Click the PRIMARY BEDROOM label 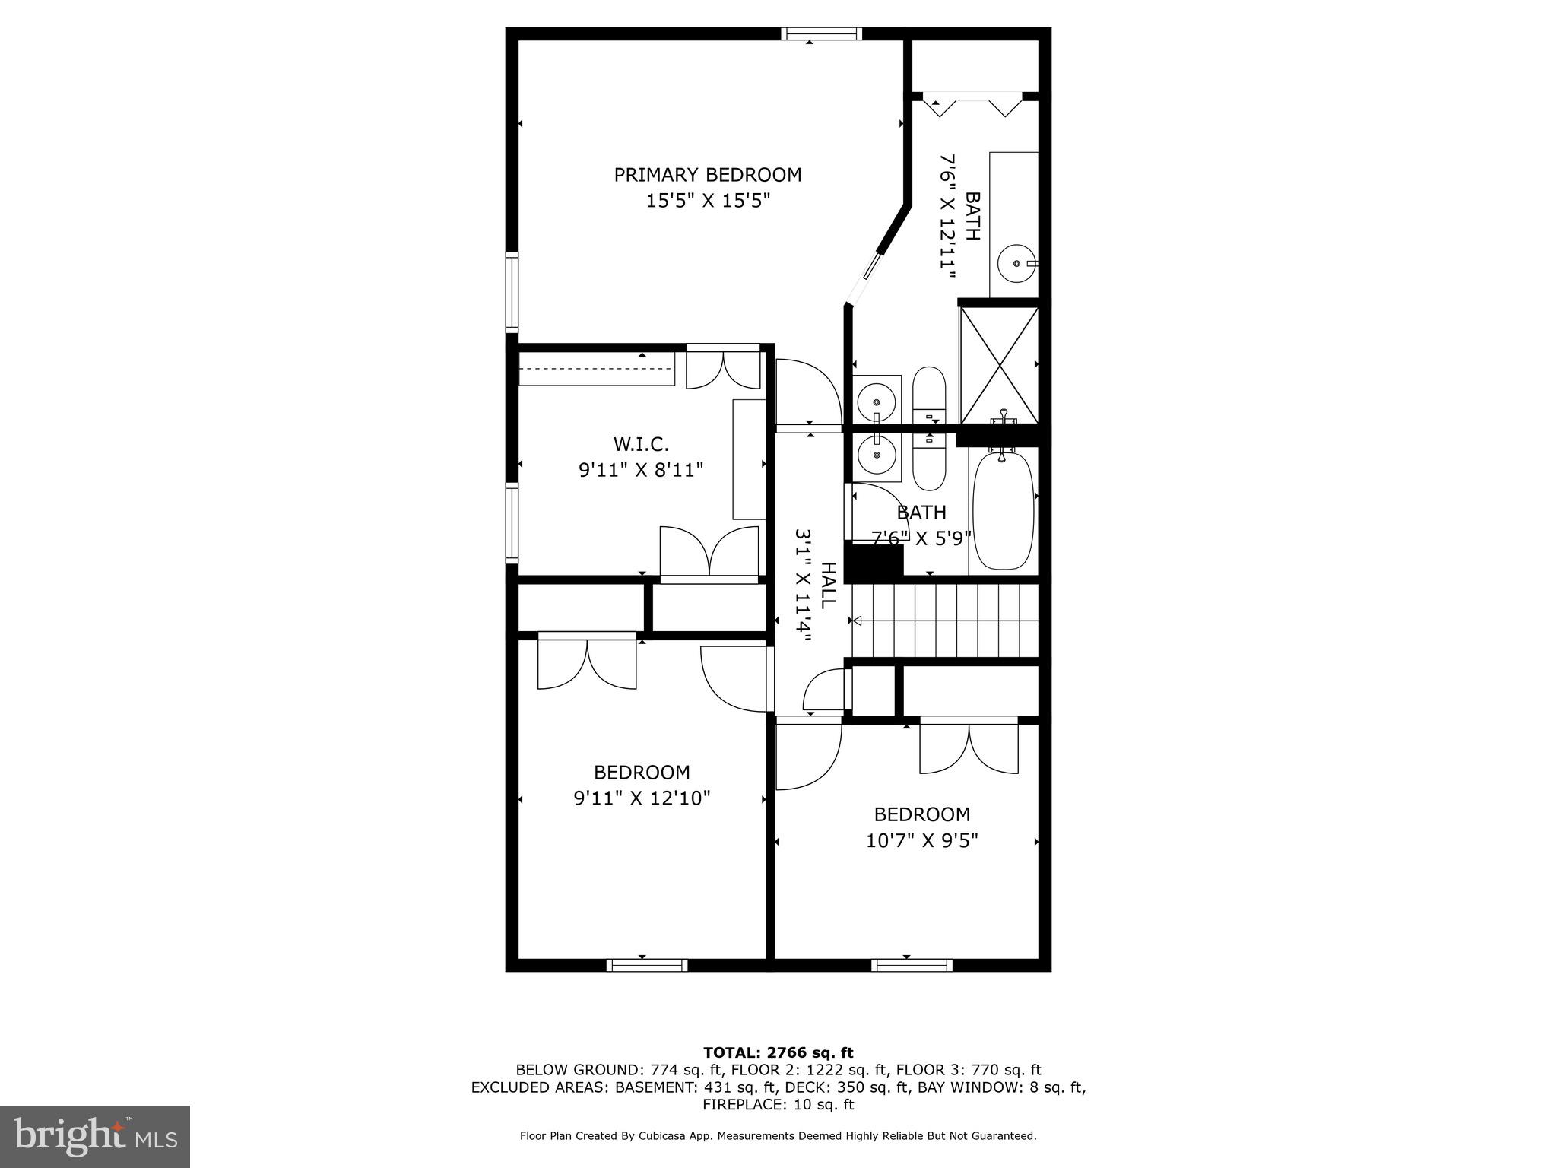pyautogui.click(x=707, y=175)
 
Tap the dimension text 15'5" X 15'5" pyautogui.click(x=707, y=202)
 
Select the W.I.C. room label pyautogui.click(x=641, y=444)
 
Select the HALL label pyautogui.click(x=827, y=585)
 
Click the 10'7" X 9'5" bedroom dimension pyautogui.click(x=921, y=841)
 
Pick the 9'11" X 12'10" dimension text pyautogui.click(x=642, y=798)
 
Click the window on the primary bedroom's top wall pyautogui.click(x=821, y=33)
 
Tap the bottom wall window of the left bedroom pyautogui.click(x=647, y=965)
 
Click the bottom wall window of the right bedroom pyautogui.click(x=912, y=965)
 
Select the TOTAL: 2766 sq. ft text pyautogui.click(x=778, y=1052)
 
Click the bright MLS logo pyautogui.click(x=95, y=1137)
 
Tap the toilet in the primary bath pyautogui.click(x=928, y=395)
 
